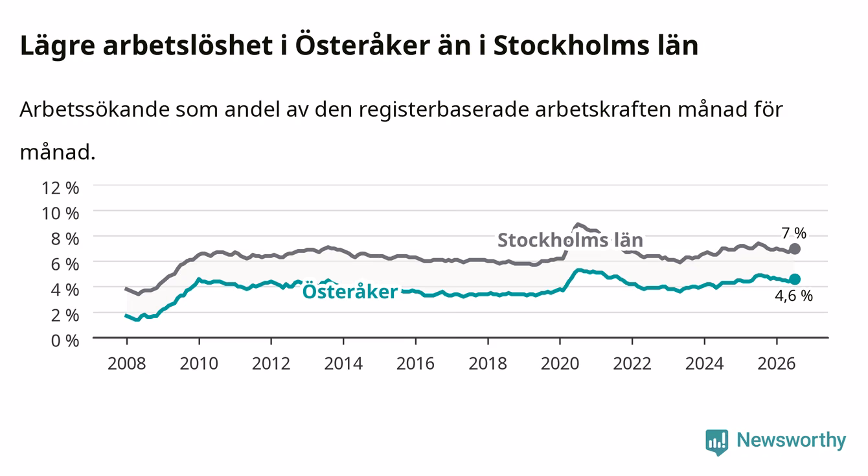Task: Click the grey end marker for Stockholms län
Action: (794, 249)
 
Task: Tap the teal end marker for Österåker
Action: (795, 280)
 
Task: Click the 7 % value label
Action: (794, 233)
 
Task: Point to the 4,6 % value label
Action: (794, 296)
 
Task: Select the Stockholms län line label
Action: (570, 240)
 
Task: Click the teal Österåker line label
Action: (350, 291)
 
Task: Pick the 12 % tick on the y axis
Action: (60, 188)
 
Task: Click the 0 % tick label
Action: (65, 340)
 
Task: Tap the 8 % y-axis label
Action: (65, 239)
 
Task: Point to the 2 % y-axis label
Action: (65, 315)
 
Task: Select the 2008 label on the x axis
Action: (127, 364)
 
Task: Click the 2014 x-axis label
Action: (343, 364)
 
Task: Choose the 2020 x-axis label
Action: (560, 364)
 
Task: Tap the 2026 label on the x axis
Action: (777, 364)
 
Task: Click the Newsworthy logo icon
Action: (717, 442)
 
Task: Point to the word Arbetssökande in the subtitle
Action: (95, 110)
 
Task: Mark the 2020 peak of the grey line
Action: (577, 224)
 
